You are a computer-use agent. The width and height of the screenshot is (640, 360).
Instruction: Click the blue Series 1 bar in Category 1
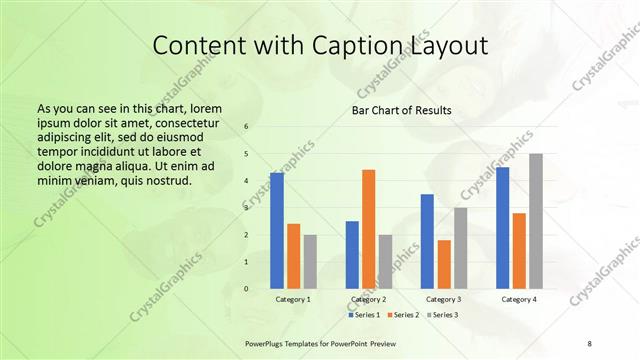(277, 231)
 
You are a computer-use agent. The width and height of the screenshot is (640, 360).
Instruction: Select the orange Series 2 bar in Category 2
(369, 229)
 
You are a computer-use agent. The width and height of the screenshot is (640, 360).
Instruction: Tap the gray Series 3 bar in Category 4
(536, 221)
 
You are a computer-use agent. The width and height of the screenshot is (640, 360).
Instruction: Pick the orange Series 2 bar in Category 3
(444, 264)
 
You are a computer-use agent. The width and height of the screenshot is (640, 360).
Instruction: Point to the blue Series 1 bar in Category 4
(502, 228)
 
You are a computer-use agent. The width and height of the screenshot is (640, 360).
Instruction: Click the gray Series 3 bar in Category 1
(310, 262)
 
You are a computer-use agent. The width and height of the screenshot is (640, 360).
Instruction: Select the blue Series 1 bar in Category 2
(352, 255)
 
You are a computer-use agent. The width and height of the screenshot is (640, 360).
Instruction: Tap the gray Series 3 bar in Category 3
(460, 248)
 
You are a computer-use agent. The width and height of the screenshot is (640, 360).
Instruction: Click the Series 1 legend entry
(365, 315)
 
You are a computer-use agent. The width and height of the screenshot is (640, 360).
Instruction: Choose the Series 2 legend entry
(404, 315)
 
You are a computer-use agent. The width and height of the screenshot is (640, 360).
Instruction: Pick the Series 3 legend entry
(444, 315)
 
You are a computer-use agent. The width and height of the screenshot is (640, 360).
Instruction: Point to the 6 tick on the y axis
(246, 127)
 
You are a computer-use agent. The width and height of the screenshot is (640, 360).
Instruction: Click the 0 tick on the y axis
(246, 289)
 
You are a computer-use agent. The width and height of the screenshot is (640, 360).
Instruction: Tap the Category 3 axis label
(443, 299)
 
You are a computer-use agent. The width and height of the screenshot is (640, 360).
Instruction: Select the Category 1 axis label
(293, 299)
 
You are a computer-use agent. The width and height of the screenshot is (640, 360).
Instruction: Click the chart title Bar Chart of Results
(401, 110)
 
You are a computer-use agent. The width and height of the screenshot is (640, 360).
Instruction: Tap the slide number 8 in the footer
(590, 342)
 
